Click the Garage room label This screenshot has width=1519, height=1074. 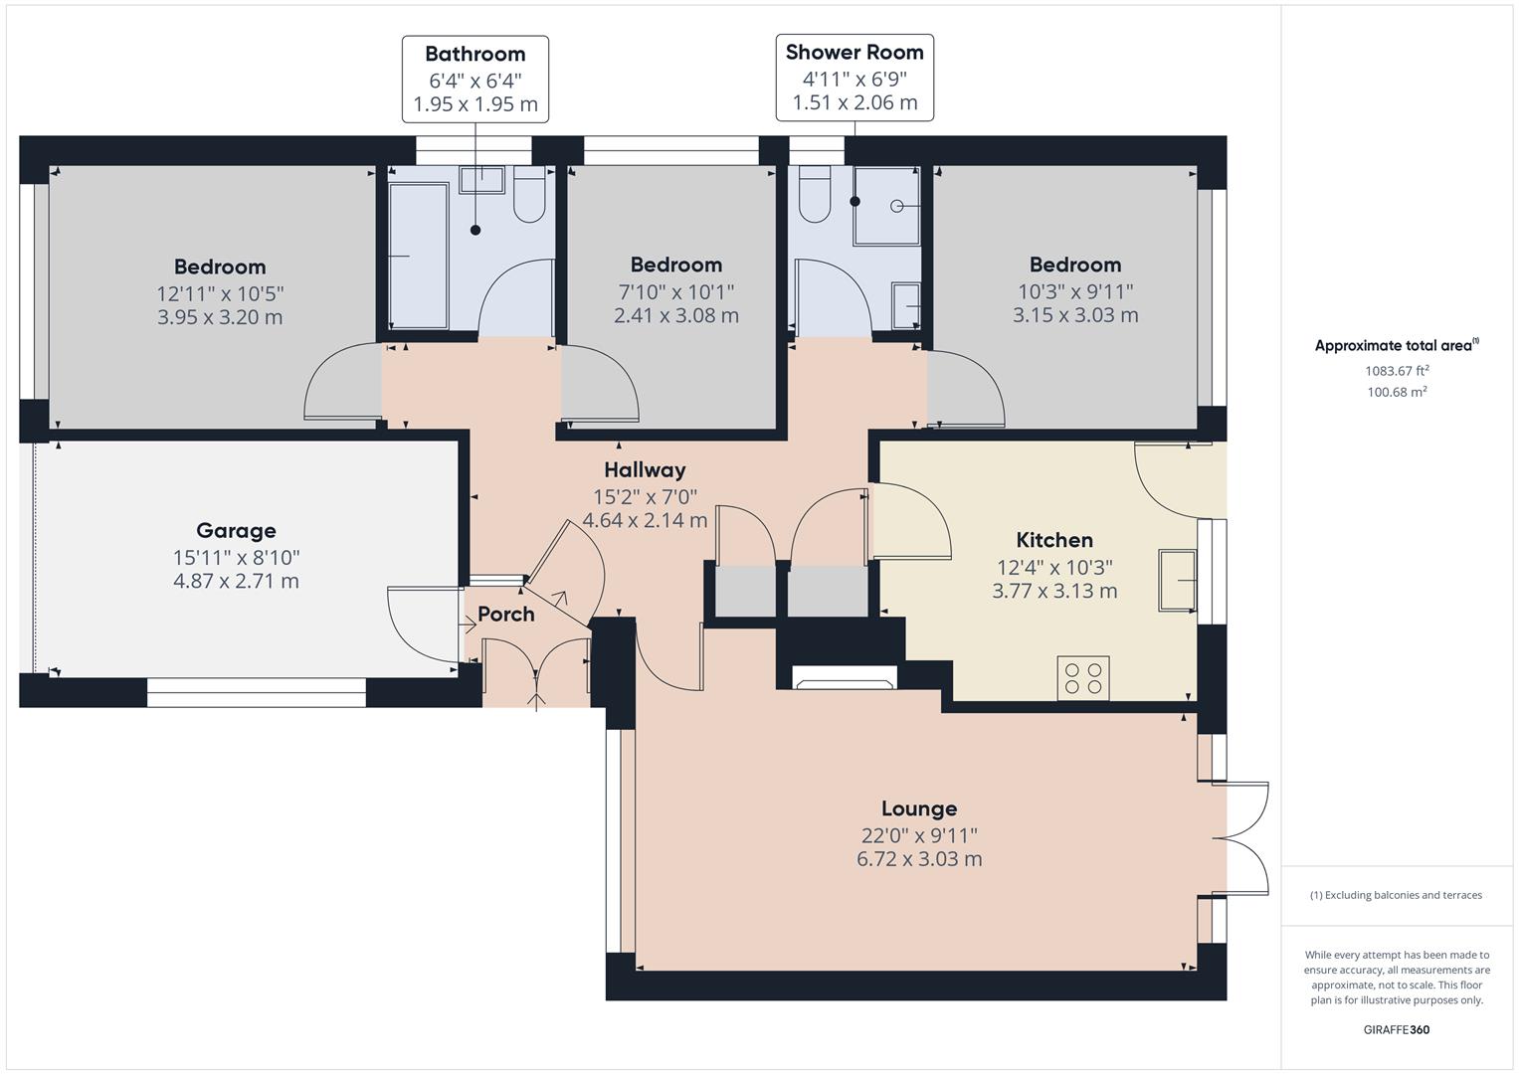(x=236, y=530)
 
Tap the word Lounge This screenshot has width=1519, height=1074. (x=919, y=808)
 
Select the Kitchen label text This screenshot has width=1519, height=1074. (x=1054, y=540)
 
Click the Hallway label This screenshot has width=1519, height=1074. (x=645, y=469)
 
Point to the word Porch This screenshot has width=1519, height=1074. (x=506, y=615)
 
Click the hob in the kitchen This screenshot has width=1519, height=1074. (x=1083, y=678)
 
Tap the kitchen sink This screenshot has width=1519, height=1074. (x=1177, y=581)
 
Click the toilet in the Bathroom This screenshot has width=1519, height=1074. (x=529, y=195)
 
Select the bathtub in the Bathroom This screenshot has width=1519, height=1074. (x=419, y=256)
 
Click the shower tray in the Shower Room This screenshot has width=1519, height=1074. (x=886, y=206)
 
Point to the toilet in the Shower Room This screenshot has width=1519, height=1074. (x=815, y=195)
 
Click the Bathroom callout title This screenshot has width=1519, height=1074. (x=475, y=54)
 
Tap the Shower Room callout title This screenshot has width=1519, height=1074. (x=854, y=52)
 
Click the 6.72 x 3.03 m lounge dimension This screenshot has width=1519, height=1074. (x=919, y=859)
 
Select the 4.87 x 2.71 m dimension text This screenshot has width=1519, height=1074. (x=236, y=581)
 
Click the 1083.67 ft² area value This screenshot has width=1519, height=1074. (x=1397, y=370)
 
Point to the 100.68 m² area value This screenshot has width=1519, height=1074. (x=1397, y=391)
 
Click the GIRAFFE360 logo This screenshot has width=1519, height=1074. (x=1397, y=1029)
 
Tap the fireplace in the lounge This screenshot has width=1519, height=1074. (x=845, y=677)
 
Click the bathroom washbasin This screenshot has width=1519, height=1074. (x=482, y=180)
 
